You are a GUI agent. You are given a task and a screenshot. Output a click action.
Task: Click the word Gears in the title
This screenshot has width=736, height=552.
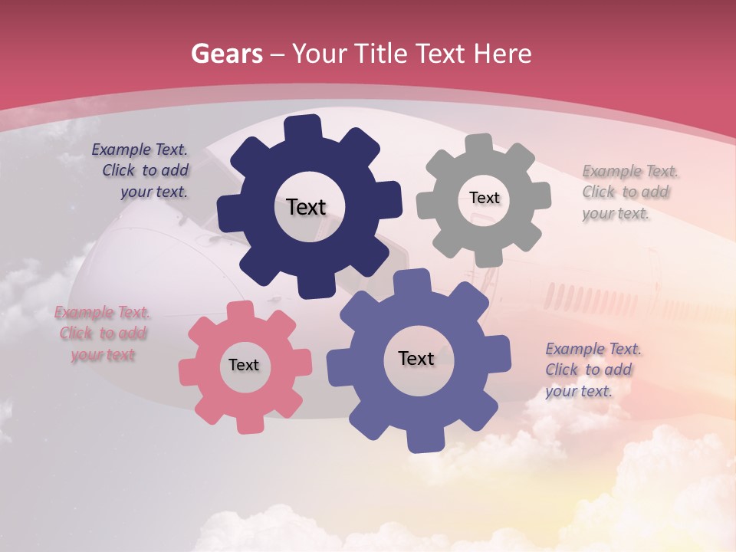point(226,54)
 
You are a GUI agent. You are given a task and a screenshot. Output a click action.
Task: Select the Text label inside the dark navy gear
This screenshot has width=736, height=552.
point(306,207)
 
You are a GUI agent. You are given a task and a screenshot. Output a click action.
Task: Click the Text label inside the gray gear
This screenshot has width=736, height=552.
point(484,198)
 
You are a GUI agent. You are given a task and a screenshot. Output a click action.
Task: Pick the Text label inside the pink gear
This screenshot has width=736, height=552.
point(244,365)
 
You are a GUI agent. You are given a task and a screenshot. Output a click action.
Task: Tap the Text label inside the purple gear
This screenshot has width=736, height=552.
point(416,358)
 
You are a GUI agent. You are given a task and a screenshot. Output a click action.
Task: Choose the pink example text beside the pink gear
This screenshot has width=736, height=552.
point(103,333)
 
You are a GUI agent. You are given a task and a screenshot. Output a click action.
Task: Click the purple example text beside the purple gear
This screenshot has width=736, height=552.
point(591,370)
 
